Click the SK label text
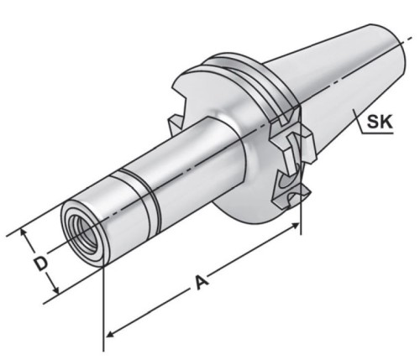pyautogui.click(x=380, y=122)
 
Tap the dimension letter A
pyautogui.click(x=202, y=282)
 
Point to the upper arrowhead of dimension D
pyautogui.click(x=24, y=232)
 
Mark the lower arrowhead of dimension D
pyautogui.click(x=55, y=289)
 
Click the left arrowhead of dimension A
pyautogui.click(x=111, y=333)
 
